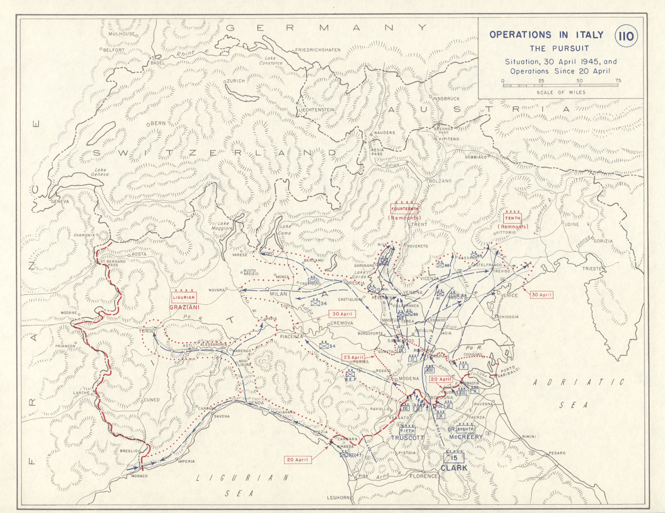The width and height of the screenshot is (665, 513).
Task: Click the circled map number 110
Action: [x=626, y=37]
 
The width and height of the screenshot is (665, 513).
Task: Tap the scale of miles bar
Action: [x=560, y=85]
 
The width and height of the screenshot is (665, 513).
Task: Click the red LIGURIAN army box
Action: [x=184, y=297]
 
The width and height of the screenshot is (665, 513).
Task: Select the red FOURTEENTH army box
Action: [x=404, y=209]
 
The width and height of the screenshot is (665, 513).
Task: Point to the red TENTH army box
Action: [x=512, y=218]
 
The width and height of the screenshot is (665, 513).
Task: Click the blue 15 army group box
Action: [x=453, y=458]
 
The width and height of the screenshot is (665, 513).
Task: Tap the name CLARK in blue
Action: [x=454, y=468]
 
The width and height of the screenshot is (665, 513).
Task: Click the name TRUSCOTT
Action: [x=407, y=438]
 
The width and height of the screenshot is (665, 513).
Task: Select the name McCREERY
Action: [x=466, y=437]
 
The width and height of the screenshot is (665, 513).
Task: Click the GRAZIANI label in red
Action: [x=184, y=307]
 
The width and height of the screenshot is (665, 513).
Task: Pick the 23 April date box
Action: [x=353, y=357]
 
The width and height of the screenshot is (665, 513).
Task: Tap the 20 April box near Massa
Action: [x=297, y=460]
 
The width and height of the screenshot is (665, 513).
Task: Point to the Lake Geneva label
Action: [x=100, y=172]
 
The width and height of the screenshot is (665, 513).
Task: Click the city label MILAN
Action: [x=278, y=294]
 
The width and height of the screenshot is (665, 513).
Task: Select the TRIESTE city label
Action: [x=592, y=269]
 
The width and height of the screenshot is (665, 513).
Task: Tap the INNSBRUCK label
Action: [x=446, y=99]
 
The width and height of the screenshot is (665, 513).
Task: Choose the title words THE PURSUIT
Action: [x=559, y=49]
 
